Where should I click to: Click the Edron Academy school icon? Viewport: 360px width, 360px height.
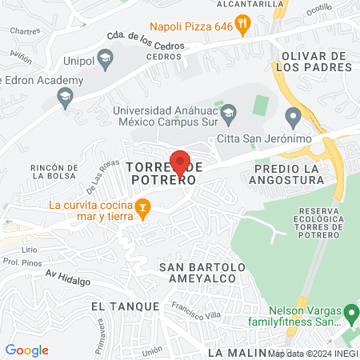pos(64,98)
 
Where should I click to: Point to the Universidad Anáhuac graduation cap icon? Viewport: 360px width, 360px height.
pos(228,110)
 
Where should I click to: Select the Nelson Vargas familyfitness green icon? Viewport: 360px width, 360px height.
pos(350,312)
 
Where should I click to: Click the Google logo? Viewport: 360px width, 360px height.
pos(26,350)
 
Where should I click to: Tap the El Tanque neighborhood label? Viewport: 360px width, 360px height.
pos(121,306)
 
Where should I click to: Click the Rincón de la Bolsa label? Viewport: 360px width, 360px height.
pos(54,171)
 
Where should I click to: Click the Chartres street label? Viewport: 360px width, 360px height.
pos(25,32)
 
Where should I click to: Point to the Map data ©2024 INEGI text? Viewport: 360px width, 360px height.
pos(312,352)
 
